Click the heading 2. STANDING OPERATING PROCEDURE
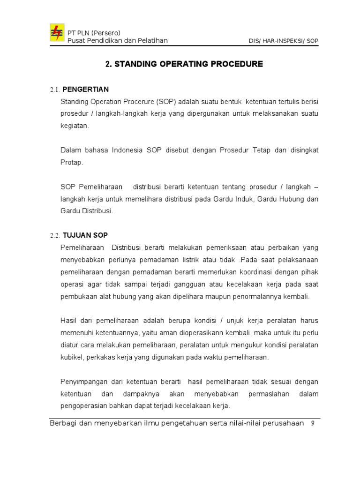[x=184, y=64]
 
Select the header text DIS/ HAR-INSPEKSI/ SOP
[x=283, y=41]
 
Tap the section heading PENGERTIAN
[x=85, y=90]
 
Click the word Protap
[x=72, y=162]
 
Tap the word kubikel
[x=72, y=357]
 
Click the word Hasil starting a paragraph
[x=68, y=321]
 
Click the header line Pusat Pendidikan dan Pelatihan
[x=118, y=41]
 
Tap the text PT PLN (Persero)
[x=94, y=33]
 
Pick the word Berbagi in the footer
[x=64, y=423]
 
